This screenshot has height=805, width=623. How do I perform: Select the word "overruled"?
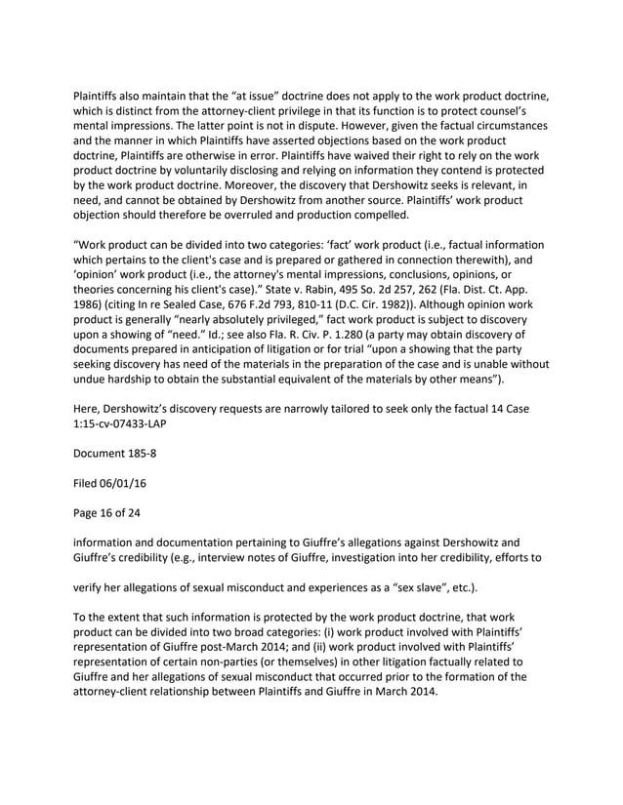click(x=278, y=216)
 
